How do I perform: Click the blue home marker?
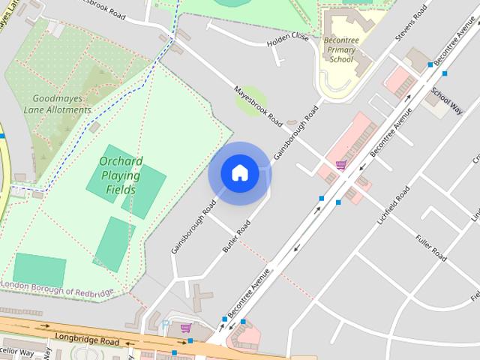pos(239,173)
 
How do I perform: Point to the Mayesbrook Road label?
pos(257,105)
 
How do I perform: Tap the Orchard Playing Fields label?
pos(120,175)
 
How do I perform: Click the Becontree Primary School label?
pos(340,49)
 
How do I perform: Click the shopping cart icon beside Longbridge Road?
pos(185,328)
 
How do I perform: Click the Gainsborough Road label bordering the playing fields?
pos(188,224)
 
